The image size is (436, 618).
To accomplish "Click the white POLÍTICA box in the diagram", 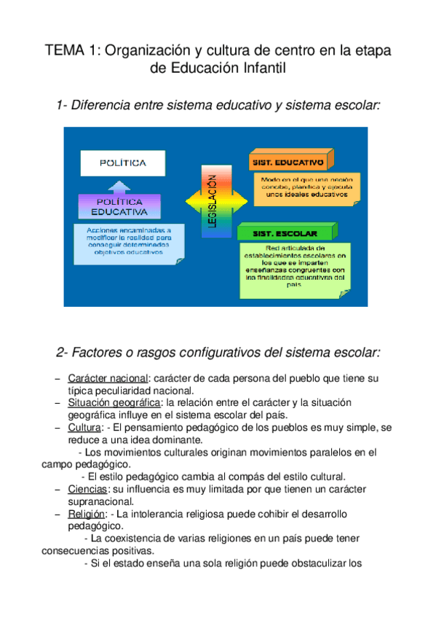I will tap(123, 163).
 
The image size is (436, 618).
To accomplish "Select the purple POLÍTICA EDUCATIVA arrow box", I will tap(119, 206).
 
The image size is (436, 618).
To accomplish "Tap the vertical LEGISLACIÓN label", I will tap(212, 201).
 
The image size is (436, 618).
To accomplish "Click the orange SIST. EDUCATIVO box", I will tap(290, 160).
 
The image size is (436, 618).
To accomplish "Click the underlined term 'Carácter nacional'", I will tap(107, 379).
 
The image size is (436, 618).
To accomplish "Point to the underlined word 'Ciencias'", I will tap(87, 489).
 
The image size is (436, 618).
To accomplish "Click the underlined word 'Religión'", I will tap(86, 514).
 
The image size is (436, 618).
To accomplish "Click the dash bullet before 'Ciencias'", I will tap(57, 489).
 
